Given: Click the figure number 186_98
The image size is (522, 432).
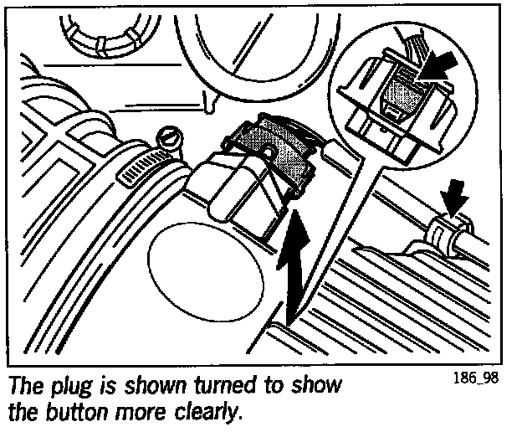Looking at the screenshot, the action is [476, 377].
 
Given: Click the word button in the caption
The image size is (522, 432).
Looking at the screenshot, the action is [86, 413].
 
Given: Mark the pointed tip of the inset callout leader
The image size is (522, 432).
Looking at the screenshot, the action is [301, 301].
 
